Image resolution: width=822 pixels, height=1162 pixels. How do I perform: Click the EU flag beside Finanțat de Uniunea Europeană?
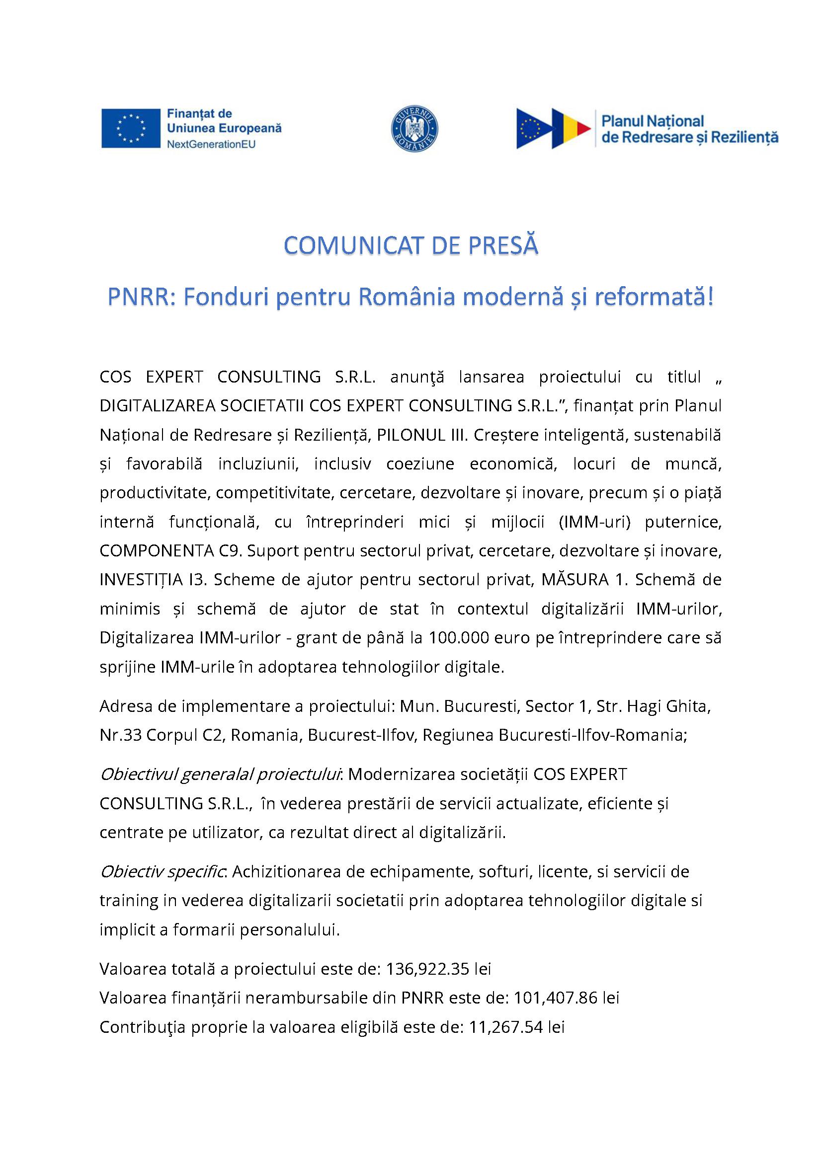(131, 129)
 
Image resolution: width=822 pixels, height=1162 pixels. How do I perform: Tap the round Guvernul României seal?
(415, 129)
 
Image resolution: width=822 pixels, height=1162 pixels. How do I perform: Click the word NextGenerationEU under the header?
(211, 144)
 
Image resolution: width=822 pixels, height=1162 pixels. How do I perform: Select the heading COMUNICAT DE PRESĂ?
(411, 246)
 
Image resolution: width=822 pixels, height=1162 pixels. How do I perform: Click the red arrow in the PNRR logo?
(583, 129)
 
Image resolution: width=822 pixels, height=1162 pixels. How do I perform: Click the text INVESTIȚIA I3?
(153, 579)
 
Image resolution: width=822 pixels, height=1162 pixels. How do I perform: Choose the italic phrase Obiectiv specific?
(163, 872)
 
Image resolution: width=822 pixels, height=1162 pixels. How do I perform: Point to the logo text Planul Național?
(653, 121)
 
